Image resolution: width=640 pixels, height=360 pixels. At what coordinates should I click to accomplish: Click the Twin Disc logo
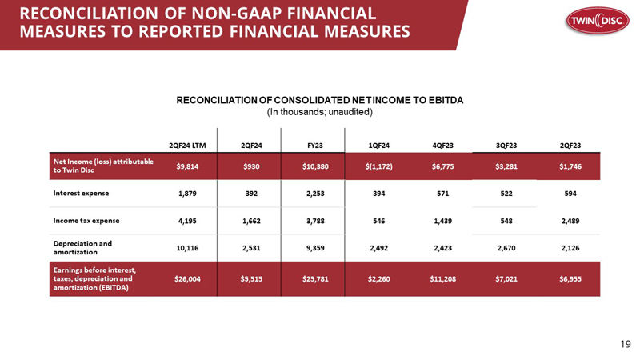[597, 21]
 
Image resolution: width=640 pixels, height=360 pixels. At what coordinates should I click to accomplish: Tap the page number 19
[626, 345]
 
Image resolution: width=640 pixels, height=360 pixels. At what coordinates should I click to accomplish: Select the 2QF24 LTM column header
[187, 146]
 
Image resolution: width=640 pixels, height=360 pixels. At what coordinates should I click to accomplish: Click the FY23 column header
[315, 146]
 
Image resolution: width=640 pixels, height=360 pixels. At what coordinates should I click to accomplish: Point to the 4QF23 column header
[443, 146]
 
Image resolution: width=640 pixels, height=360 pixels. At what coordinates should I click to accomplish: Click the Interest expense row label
[82, 194]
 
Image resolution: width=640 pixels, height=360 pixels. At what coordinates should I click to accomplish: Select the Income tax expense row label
[86, 221]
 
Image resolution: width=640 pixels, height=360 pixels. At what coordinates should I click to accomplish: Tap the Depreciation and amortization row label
[82, 248]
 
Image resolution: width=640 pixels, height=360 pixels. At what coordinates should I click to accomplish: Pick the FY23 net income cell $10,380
[315, 166]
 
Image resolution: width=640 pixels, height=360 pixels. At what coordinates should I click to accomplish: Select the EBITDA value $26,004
[187, 279]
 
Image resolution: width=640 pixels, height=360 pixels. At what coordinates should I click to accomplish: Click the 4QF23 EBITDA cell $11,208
[443, 279]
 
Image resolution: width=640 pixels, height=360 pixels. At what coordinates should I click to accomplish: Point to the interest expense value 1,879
[187, 194]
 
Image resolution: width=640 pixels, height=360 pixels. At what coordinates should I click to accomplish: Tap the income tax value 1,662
[251, 221]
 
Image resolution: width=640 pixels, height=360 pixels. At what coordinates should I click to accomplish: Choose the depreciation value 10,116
[187, 248]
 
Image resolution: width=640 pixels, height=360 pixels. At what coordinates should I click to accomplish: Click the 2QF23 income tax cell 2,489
[570, 221]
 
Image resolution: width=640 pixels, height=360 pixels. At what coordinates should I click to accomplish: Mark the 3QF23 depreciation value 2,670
[506, 248]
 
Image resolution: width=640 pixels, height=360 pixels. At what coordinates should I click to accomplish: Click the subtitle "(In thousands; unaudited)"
[319, 112]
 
